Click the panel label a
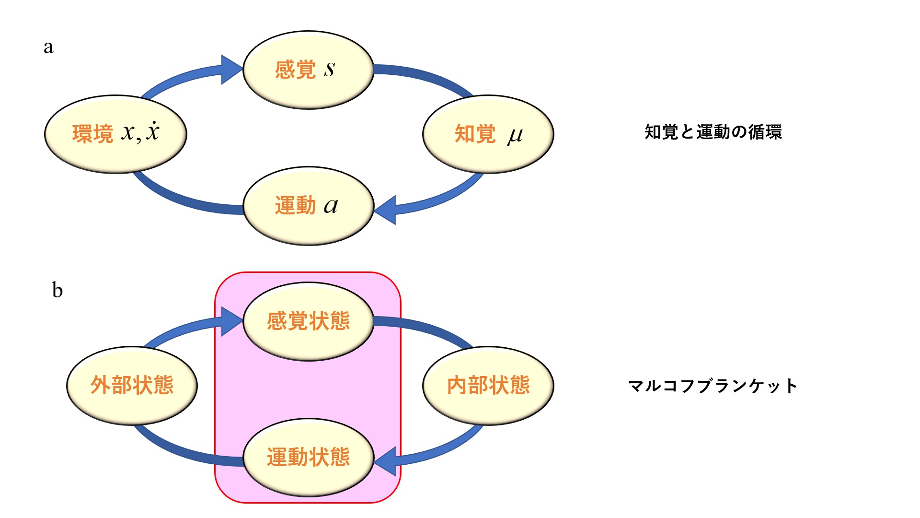point(48,47)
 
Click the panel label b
point(57,290)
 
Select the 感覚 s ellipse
point(308,70)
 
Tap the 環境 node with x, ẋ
point(115,134)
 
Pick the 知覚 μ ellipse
point(488,134)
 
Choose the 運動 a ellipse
point(308,206)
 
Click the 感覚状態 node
point(308,321)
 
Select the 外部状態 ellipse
point(132,386)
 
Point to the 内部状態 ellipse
point(488,386)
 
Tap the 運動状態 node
point(308,458)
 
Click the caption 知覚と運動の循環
point(713,132)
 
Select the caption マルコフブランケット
point(713,386)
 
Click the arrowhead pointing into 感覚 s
point(232,70)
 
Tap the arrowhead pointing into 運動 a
point(385,210)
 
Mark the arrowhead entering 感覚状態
point(232,321)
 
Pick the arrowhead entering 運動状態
point(385,461)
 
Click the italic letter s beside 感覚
point(329,69)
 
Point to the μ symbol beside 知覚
point(515,135)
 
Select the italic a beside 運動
point(331,206)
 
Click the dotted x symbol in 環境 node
point(153,131)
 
